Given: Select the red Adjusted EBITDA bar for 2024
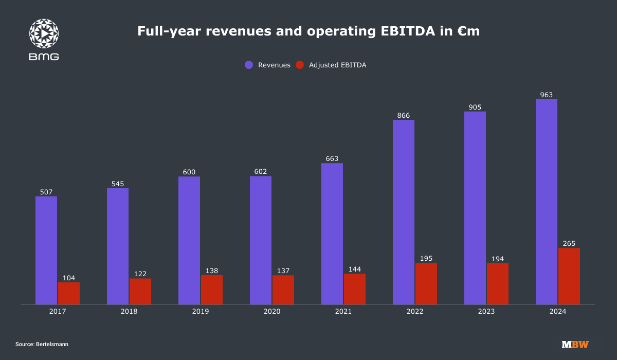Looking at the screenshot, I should click(569, 276).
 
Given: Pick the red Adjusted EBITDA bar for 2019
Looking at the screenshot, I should click(212, 290).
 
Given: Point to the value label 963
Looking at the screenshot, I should click(547, 95).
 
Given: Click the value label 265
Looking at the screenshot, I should click(569, 243).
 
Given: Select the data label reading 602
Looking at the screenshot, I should click(261, 172).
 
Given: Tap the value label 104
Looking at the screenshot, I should click(69, 278).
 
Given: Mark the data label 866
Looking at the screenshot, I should click(404, 116).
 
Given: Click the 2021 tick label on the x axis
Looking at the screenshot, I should click(343, 312).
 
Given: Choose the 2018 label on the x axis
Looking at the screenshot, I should click(129, 312).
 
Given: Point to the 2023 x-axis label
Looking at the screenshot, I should click(486, 312).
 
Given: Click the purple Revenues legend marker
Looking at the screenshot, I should click(249, 65).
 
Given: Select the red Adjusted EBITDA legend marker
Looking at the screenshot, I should click(300, 65).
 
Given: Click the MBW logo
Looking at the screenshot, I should click(575, 344).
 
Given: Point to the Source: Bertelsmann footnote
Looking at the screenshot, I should click(42, 344).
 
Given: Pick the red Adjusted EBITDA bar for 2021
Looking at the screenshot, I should click(355, 289).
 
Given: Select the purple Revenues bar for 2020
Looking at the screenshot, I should click(261, 240).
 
